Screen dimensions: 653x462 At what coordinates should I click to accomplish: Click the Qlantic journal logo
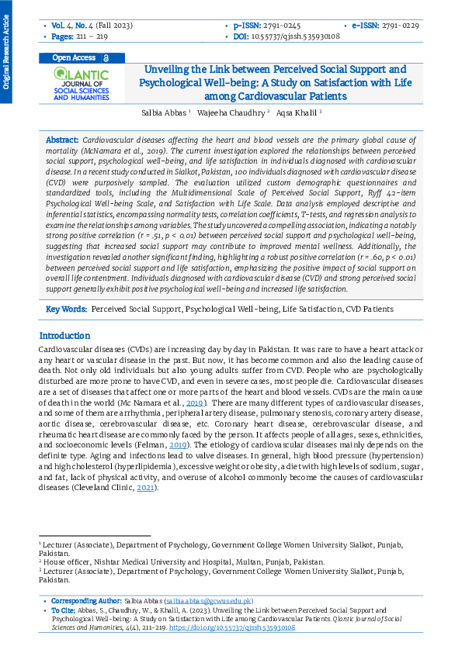click(x=82, y=84)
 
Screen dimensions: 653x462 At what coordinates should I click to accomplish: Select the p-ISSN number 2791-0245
click(x=284, y=26)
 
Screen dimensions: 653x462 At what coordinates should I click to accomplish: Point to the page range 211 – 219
click(x=92, y=36)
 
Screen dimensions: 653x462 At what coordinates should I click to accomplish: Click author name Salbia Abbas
click(x=165, y=112)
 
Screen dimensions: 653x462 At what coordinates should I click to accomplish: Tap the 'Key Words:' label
click(x=66, y=309)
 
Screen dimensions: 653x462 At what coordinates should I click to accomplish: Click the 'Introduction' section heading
click(x=64, y=336)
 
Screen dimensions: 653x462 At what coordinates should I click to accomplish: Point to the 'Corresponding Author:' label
click(x=85, y=601)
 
